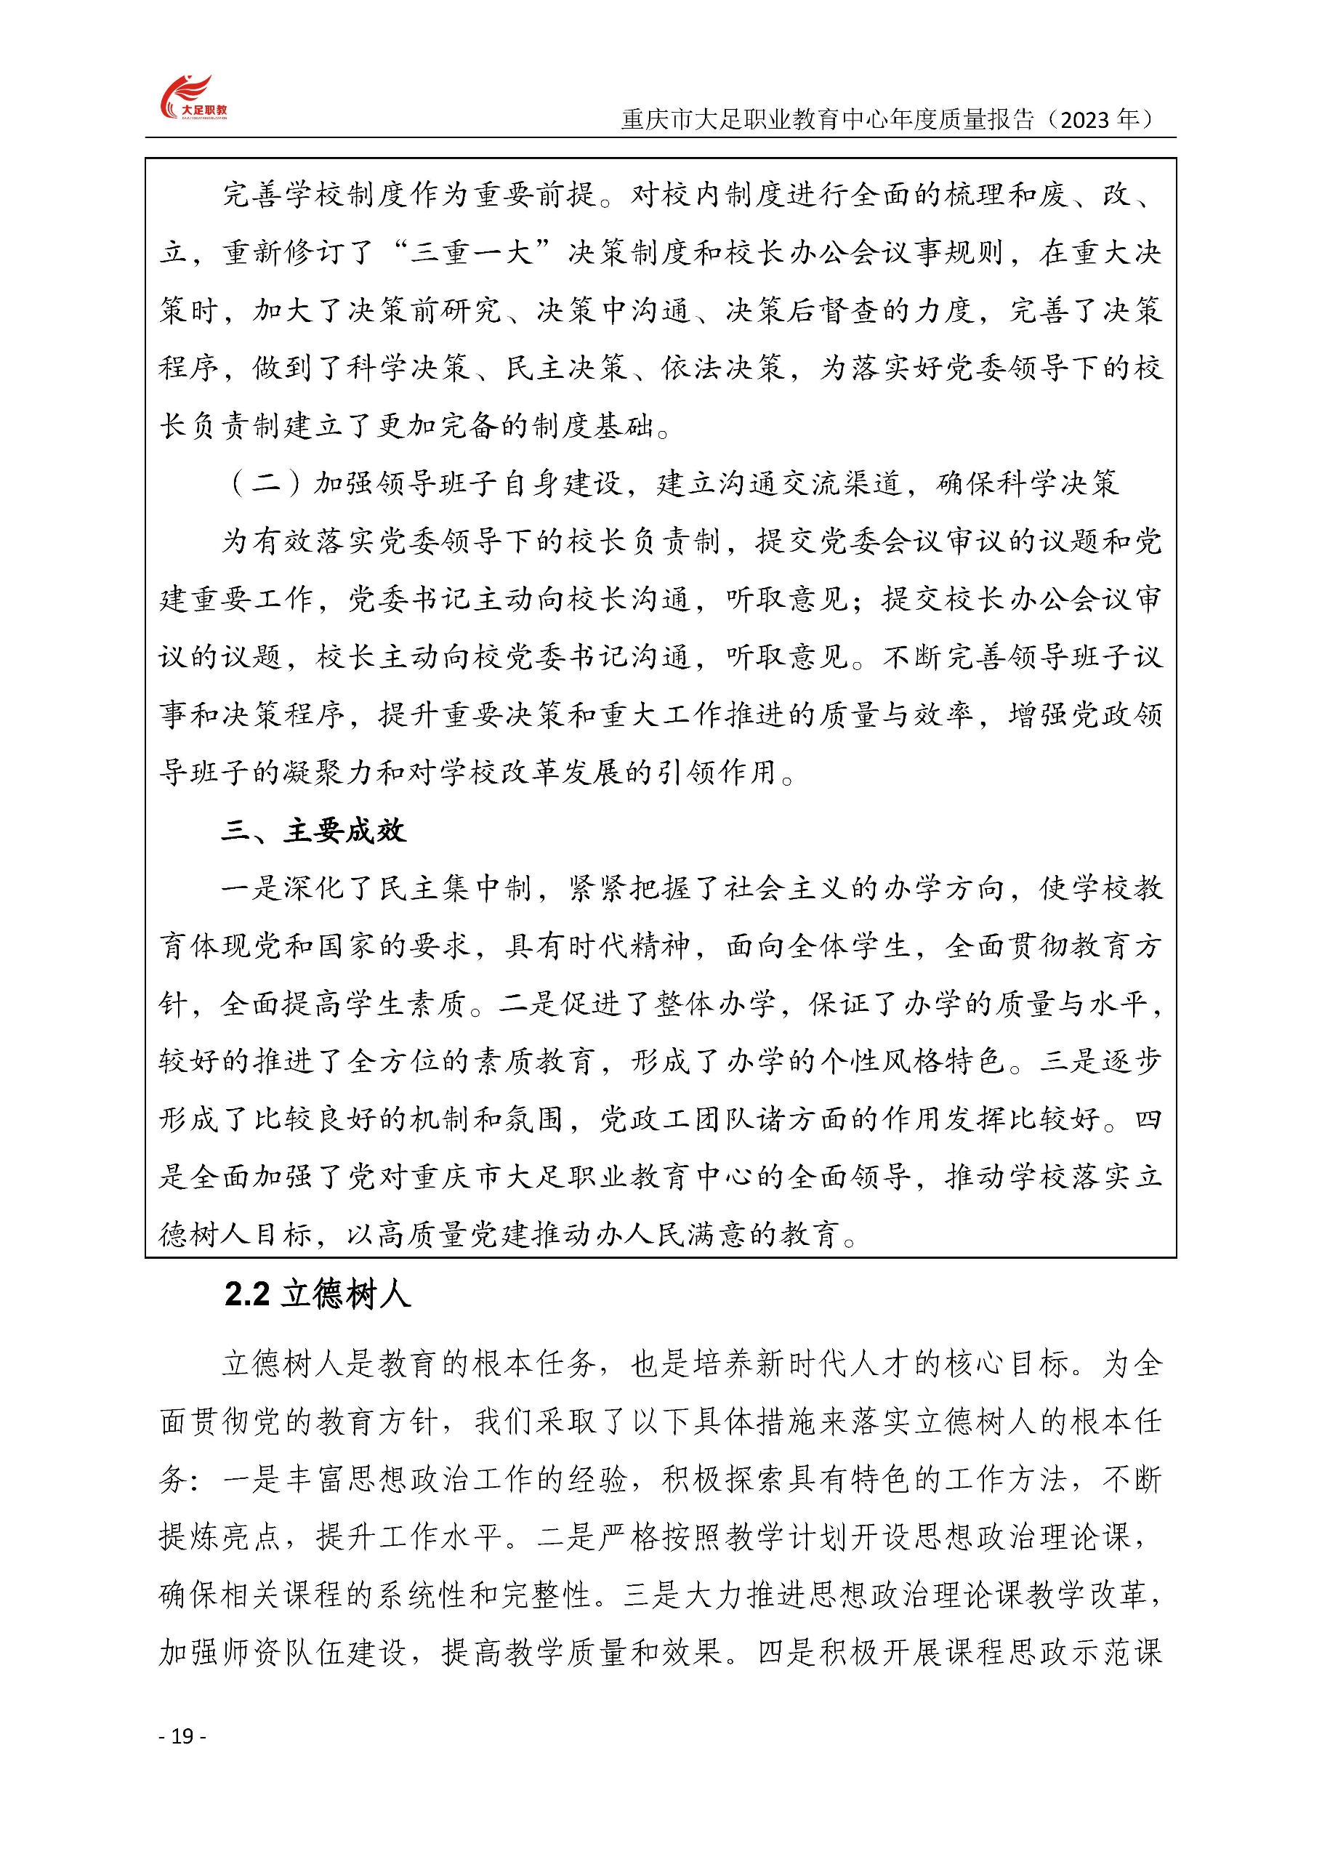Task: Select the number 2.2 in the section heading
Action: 247,1294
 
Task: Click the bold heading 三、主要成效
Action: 313,830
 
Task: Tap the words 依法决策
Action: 723,367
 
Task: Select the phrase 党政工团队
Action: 676,1119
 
